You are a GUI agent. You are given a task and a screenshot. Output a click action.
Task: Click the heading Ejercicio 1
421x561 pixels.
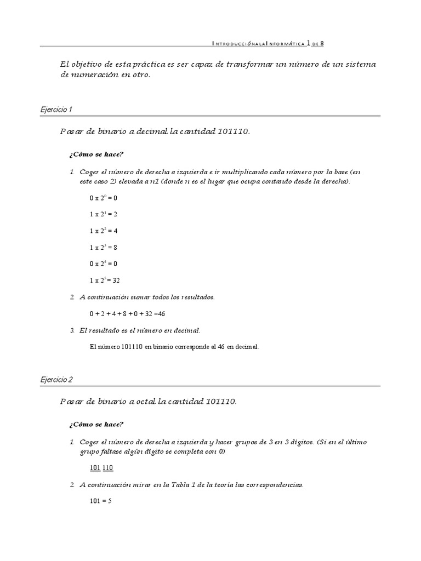(x=56, y=110)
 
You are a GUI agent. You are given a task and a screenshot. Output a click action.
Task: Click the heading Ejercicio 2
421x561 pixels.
(x=56, y=379)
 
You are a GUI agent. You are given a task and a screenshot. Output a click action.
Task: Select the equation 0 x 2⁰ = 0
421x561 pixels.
(x=103, y=197)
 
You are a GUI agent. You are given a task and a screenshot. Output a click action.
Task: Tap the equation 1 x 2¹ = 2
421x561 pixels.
(x=103, y=214)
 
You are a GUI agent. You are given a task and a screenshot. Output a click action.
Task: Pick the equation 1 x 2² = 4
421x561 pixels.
(x=103, y=231)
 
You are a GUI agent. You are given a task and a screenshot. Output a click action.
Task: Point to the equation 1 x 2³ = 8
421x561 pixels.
(x=103, y=247)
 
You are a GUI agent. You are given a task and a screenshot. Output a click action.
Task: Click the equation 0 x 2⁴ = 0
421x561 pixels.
(x=103, y=264)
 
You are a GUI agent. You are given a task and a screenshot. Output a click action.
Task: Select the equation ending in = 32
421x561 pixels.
(x=105, y=280)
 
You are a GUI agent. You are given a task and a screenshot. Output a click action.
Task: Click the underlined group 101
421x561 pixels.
(x=95, y=468)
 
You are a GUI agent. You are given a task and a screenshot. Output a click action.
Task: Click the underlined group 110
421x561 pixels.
(x=107, y=468)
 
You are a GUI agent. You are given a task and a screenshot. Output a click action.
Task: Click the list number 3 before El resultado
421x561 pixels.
(x=72, y=330)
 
